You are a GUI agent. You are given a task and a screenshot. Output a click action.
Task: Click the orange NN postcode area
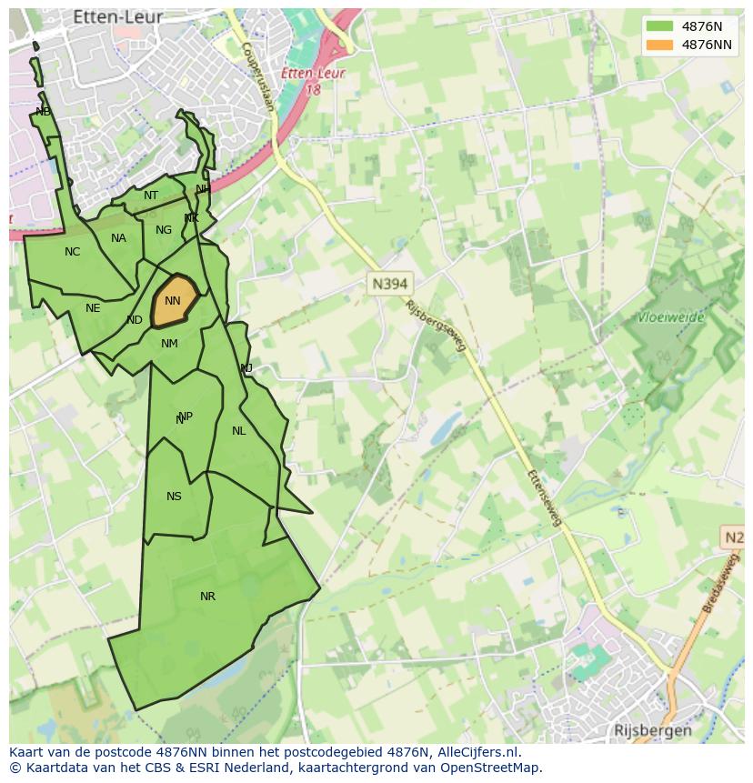coord(172,301)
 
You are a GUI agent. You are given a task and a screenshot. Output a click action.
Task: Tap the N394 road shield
coord(389,284)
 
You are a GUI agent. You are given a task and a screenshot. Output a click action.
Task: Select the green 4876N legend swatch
coord(659,26)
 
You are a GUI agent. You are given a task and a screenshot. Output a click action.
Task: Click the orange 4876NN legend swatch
coord(659,45)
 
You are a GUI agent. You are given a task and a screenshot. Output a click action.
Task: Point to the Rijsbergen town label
coord(652,730)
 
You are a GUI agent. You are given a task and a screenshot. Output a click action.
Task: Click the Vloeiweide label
coord(672,319)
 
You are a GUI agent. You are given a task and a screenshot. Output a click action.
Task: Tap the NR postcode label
coord(207,597)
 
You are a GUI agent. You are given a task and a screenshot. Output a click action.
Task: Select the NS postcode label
coord(174,497)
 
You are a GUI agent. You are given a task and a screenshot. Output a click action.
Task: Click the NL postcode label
coord(238,431)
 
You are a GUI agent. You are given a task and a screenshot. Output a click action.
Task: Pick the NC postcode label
coord(72,252)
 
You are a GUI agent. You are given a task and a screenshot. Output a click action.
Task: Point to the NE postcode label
coord(93,308)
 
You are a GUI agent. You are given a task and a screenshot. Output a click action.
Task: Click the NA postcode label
coord(118,238)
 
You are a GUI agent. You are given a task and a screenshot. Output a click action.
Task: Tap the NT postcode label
coord(151,196)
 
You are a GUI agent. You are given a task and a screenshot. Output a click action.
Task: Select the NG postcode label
coord(164,230)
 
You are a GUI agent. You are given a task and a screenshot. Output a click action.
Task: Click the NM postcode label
coord(169,344)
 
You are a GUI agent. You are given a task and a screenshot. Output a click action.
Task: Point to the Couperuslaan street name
coord(257,77)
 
